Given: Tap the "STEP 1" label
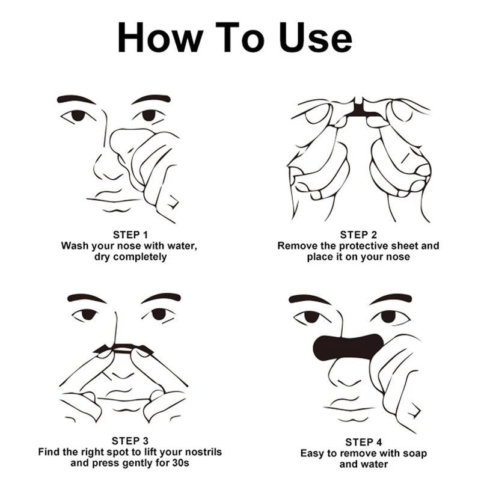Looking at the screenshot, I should [130, 234].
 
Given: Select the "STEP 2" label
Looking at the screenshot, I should [358, 234].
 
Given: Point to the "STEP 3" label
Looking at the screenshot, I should [130, 440].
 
